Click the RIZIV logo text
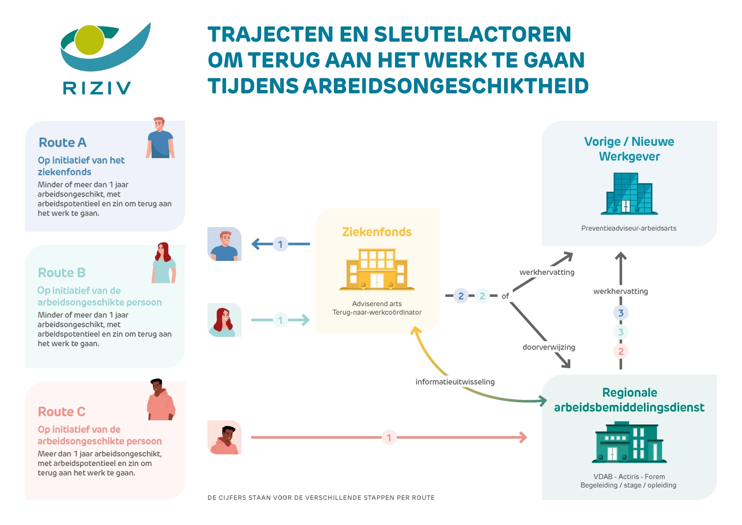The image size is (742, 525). pyautogui.click(x=97, y=88)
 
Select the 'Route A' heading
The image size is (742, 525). pyautogui.click(x=62, y=142)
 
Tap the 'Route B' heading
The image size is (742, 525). pyautogui.click(x=61, y=272)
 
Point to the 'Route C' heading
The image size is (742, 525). pyautogui.click(x=61, y=411)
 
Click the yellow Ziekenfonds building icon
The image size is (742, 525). pyautogui.click(x=377, y=270)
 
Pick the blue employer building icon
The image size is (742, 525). pyautogui.click(x=629, y=194)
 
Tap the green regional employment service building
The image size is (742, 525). pyautogui.click(x=629, y=442)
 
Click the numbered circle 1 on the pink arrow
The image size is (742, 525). pyautogui.click(x=389, y=438)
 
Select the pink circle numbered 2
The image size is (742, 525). pyautogui.click(x=621, y=351)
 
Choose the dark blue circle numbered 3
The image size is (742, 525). pyautogui.click(x=621, y=313)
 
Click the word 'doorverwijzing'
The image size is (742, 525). pyautogui.click(x=549, y=347)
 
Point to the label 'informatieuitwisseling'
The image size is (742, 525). pyautogui.click(x=455, y=382)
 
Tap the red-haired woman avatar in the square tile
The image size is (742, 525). pyautogui.click(x=224, y=320)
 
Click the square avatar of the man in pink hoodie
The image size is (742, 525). pyautogui.click(x=224, y=438)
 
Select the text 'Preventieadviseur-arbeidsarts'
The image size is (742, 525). pyautogui.click(x=629, y=228)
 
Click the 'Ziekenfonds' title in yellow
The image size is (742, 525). pyautogui.click(x=377, y=232)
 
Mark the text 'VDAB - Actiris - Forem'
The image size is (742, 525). pyautogui.click(x=629, y=477)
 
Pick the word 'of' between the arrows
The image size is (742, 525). pyautogui.click(x=505, y=296)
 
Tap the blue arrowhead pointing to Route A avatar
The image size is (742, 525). pyautogui.click(x=256, y=244)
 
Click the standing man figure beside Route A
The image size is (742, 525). pyautogui.click(x=160, y=138)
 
